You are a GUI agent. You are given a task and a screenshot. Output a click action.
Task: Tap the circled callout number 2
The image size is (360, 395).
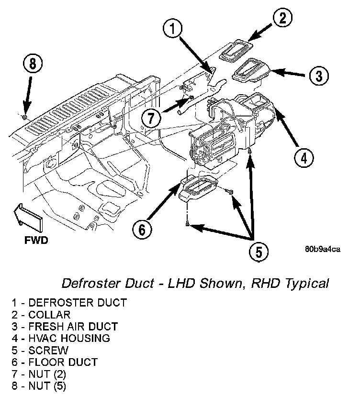pos(282,18)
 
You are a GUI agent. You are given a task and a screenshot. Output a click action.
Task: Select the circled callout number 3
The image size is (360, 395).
pos(319,76)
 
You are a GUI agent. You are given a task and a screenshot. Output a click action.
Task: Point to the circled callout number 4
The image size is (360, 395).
pos(304,158)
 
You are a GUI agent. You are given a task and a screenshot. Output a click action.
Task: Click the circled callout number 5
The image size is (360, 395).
pos(259,252)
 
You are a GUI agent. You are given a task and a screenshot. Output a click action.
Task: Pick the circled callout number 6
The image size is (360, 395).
pos(142,229)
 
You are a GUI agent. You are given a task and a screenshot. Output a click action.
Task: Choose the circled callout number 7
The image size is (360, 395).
pos(151,117)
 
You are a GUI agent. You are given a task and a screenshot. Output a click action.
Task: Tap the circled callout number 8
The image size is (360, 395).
pos(33,63)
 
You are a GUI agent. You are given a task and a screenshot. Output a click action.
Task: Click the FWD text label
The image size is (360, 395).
pos(36,241)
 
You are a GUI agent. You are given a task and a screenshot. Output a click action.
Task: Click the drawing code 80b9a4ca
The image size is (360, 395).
pos(323,249)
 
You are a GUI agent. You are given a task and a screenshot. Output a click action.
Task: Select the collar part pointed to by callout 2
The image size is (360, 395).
pos(236,50)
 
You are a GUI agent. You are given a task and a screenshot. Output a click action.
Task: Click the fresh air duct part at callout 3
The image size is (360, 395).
pos(251,71)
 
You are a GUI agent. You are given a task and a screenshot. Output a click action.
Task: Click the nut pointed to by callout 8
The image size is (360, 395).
pos(25,117)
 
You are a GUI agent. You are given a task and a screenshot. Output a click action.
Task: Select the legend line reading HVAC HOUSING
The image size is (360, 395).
pos(61,338)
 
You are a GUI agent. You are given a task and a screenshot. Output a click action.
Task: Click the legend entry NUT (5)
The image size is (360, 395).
pos(39,386)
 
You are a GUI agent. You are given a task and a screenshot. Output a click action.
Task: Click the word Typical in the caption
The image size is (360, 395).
pos(307,284)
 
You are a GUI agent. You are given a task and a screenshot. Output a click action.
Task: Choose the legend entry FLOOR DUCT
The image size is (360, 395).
pos(55,362)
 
